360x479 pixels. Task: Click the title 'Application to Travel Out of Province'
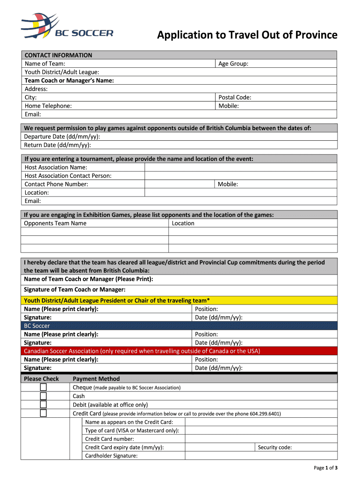247,35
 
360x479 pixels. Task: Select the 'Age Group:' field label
233,64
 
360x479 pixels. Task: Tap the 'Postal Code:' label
235,97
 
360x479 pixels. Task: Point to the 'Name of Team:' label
44,64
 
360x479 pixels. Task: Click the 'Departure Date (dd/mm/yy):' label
62,137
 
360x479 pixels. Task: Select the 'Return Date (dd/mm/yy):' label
58,145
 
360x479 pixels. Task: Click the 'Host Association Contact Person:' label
68,176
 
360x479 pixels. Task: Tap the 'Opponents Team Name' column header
55,223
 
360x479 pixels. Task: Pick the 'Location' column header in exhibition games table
183,223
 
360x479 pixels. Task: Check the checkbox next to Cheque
43,387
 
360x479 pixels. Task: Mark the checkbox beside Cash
43,396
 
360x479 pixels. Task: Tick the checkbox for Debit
43,405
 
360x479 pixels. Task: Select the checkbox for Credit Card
43,413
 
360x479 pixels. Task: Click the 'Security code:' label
275,447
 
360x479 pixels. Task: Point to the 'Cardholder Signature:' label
111,456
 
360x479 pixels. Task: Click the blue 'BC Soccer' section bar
179,326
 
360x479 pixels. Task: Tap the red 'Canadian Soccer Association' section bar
179,351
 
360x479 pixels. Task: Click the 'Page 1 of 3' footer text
325,468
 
